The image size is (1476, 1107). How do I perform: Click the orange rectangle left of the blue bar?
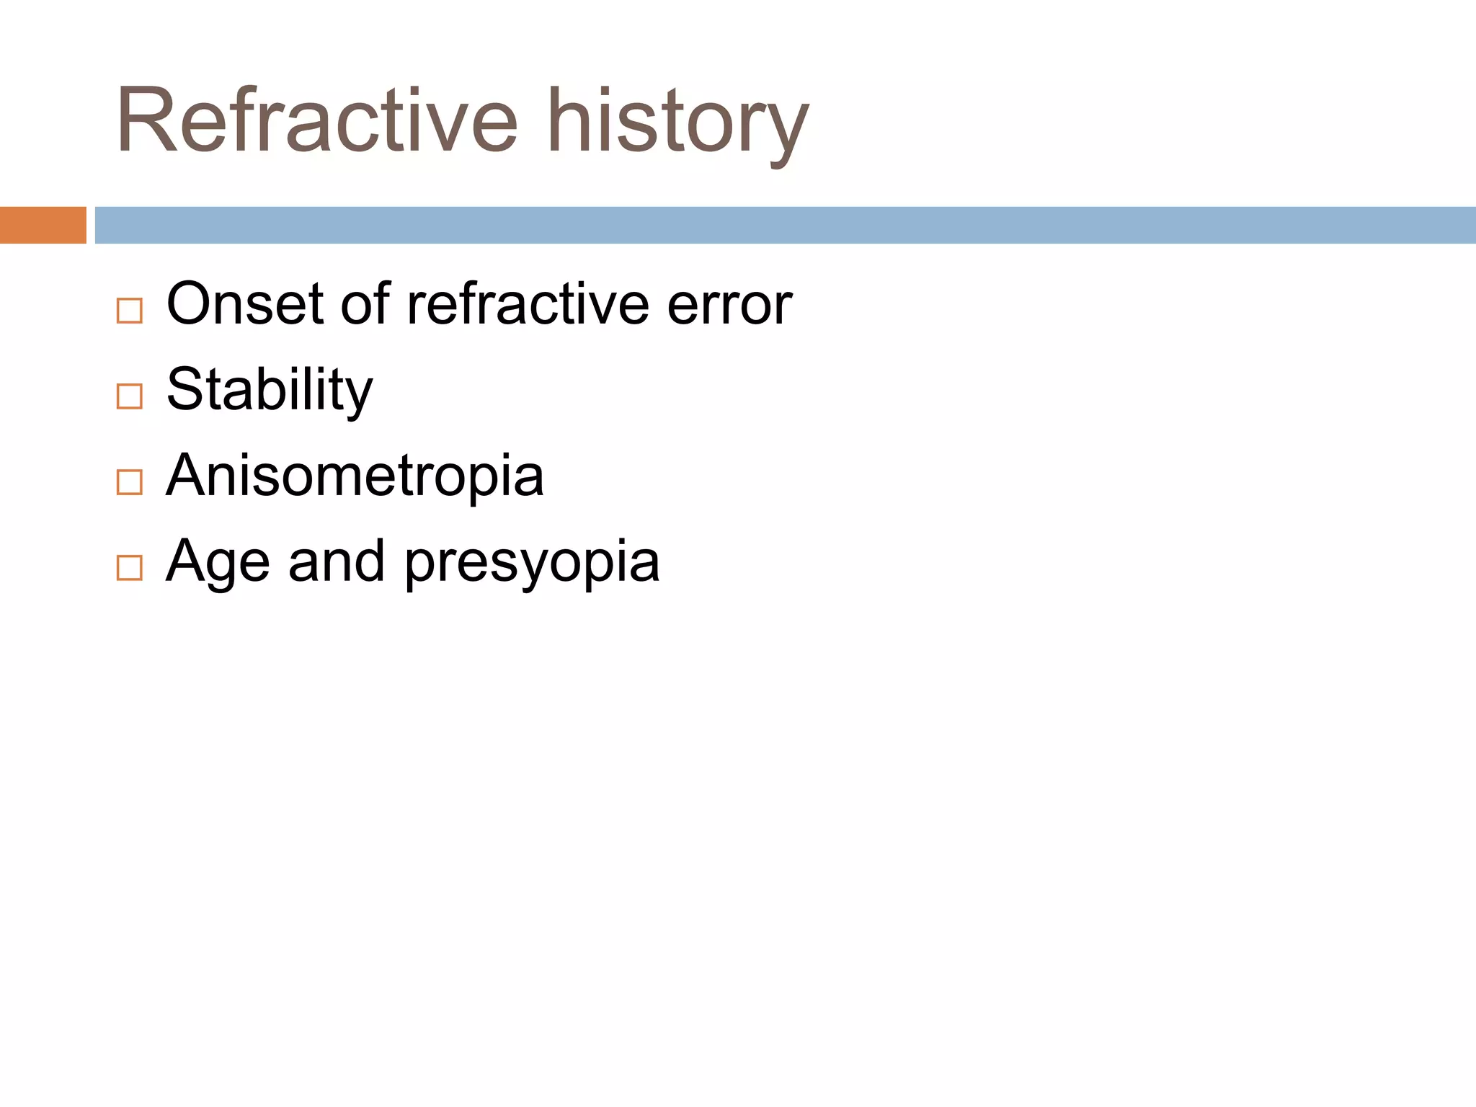43,225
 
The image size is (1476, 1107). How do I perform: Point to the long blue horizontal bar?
784,225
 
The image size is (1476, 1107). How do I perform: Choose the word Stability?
270,391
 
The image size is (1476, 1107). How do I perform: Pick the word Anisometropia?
355,476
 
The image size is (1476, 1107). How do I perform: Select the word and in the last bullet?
336,561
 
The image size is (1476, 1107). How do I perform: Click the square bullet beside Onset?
130,311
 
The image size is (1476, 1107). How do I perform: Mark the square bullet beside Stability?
130,396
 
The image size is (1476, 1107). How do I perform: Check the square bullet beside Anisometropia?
130,482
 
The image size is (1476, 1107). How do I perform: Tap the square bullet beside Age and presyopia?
130,568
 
